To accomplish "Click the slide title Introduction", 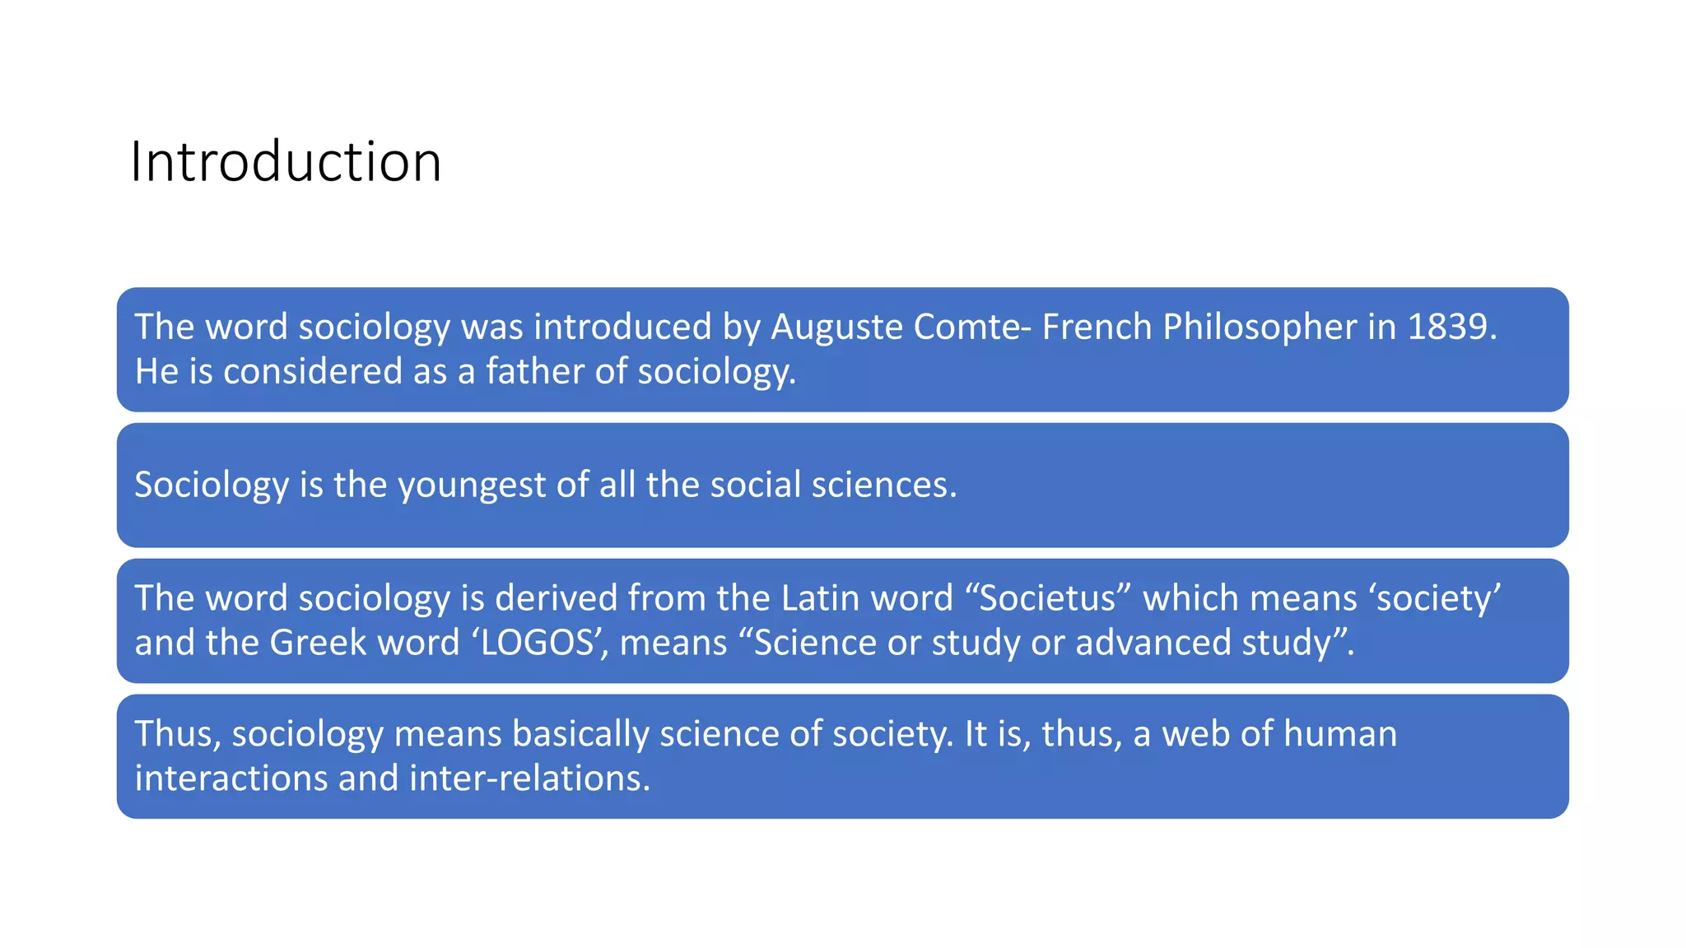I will [286, 161].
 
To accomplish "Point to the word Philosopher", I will [1260, 327].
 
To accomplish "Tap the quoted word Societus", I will [1047, 597].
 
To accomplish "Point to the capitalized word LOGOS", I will [538, 642].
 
